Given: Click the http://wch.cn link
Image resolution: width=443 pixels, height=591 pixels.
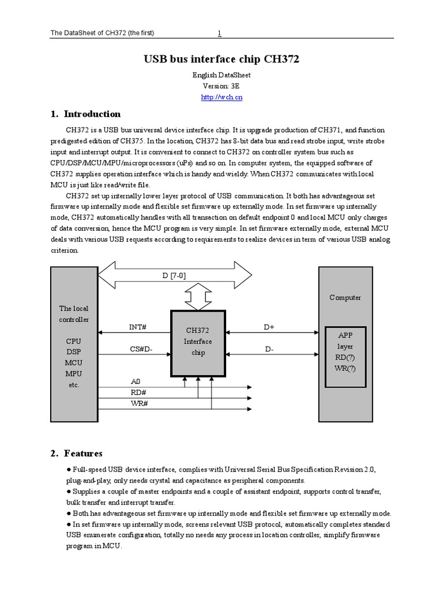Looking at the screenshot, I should point(221,97).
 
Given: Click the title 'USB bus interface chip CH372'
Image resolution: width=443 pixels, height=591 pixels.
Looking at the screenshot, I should point(221,59).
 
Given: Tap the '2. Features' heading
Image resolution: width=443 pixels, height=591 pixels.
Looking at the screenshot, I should point(83,453).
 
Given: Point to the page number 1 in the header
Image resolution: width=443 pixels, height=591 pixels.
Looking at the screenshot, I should point(219,33).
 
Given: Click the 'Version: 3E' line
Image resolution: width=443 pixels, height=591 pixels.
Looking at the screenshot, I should point(221,86).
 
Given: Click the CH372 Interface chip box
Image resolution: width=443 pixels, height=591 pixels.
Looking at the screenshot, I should point(198,342).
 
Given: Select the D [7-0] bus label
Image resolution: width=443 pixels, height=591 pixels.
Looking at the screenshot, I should point(174,275).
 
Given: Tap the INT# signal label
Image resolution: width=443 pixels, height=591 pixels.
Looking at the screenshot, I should point(137,327).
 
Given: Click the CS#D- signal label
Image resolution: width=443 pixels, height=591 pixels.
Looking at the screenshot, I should point(140,349).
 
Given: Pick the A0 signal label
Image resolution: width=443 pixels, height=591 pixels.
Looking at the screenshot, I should point(136,381).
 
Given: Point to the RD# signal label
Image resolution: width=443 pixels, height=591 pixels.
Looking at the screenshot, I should point(138,392).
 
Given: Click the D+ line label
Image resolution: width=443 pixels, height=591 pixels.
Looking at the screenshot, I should point(269,327).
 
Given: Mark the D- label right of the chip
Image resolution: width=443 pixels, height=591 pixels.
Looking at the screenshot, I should point(269,349).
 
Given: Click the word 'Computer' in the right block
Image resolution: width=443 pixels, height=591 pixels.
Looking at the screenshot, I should point(345,297).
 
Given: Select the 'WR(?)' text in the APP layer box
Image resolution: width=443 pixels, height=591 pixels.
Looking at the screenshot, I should point(345,368).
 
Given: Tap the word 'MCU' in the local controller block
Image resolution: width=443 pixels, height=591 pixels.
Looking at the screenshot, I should point(73,362).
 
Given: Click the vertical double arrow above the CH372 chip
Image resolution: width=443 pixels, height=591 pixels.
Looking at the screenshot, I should point(198,298).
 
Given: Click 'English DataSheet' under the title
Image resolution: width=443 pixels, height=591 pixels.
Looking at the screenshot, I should point(221,75).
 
